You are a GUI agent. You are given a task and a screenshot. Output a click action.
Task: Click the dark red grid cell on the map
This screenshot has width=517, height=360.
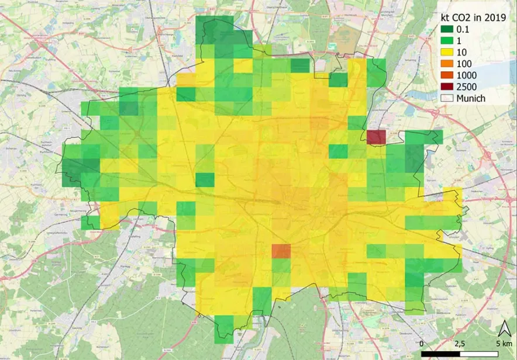[376, 137]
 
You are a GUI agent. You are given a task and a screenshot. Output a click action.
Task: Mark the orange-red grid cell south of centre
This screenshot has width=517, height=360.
[281, 251]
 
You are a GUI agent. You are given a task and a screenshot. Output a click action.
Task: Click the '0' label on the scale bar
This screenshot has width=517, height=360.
[422, 342]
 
